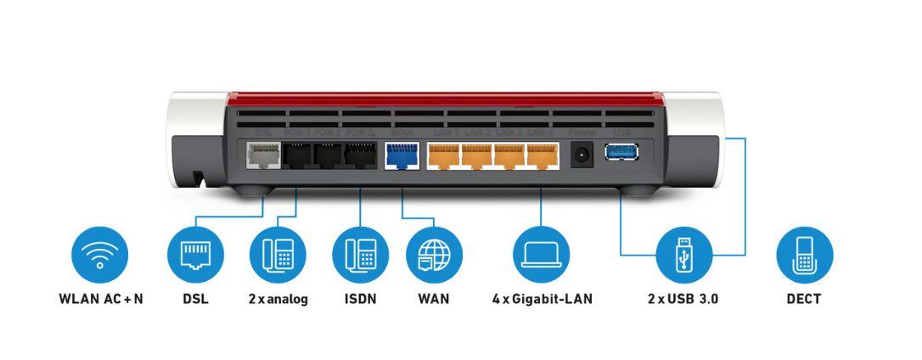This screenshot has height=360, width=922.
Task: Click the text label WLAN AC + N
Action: click(x=100, y=299)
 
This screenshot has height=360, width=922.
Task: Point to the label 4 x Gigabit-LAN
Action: click(x=542, y=299)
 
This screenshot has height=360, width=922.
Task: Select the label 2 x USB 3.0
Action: click(x=683, y=299)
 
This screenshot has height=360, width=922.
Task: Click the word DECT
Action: click(x=804, y=299)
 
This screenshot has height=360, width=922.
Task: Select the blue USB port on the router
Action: click(x=620, y=153)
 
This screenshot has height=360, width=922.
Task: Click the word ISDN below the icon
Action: click(x=360, y=299)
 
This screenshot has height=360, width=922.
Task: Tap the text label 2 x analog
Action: click(x=278, y=299)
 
